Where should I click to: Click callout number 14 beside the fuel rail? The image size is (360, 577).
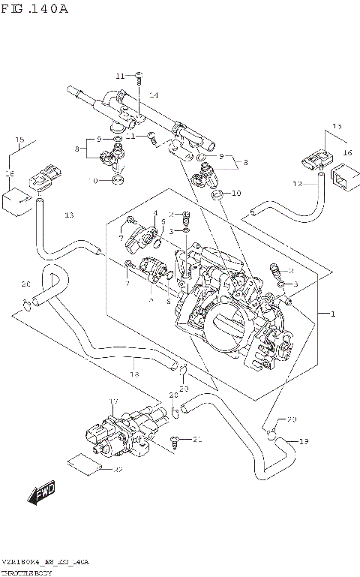pos(153,95)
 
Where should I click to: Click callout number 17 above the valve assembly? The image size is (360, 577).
pos(115,402)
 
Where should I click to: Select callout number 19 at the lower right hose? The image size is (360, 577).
pos(303,441)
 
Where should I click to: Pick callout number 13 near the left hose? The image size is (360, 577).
pos(69,215)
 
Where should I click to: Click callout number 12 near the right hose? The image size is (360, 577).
pos(297,184)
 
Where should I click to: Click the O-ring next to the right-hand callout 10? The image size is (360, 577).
pos(216,195)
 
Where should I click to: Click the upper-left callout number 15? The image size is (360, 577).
pos(20,140)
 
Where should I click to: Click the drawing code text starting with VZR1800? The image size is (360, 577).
pos(45,561)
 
